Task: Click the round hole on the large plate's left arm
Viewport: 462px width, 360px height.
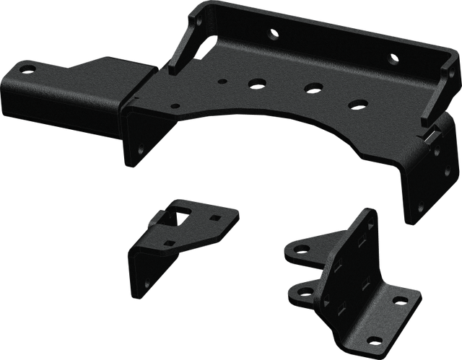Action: point(27,69)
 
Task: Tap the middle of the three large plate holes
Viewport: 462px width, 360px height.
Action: point(313,88)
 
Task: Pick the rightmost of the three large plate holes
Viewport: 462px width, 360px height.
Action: point(355,103)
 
